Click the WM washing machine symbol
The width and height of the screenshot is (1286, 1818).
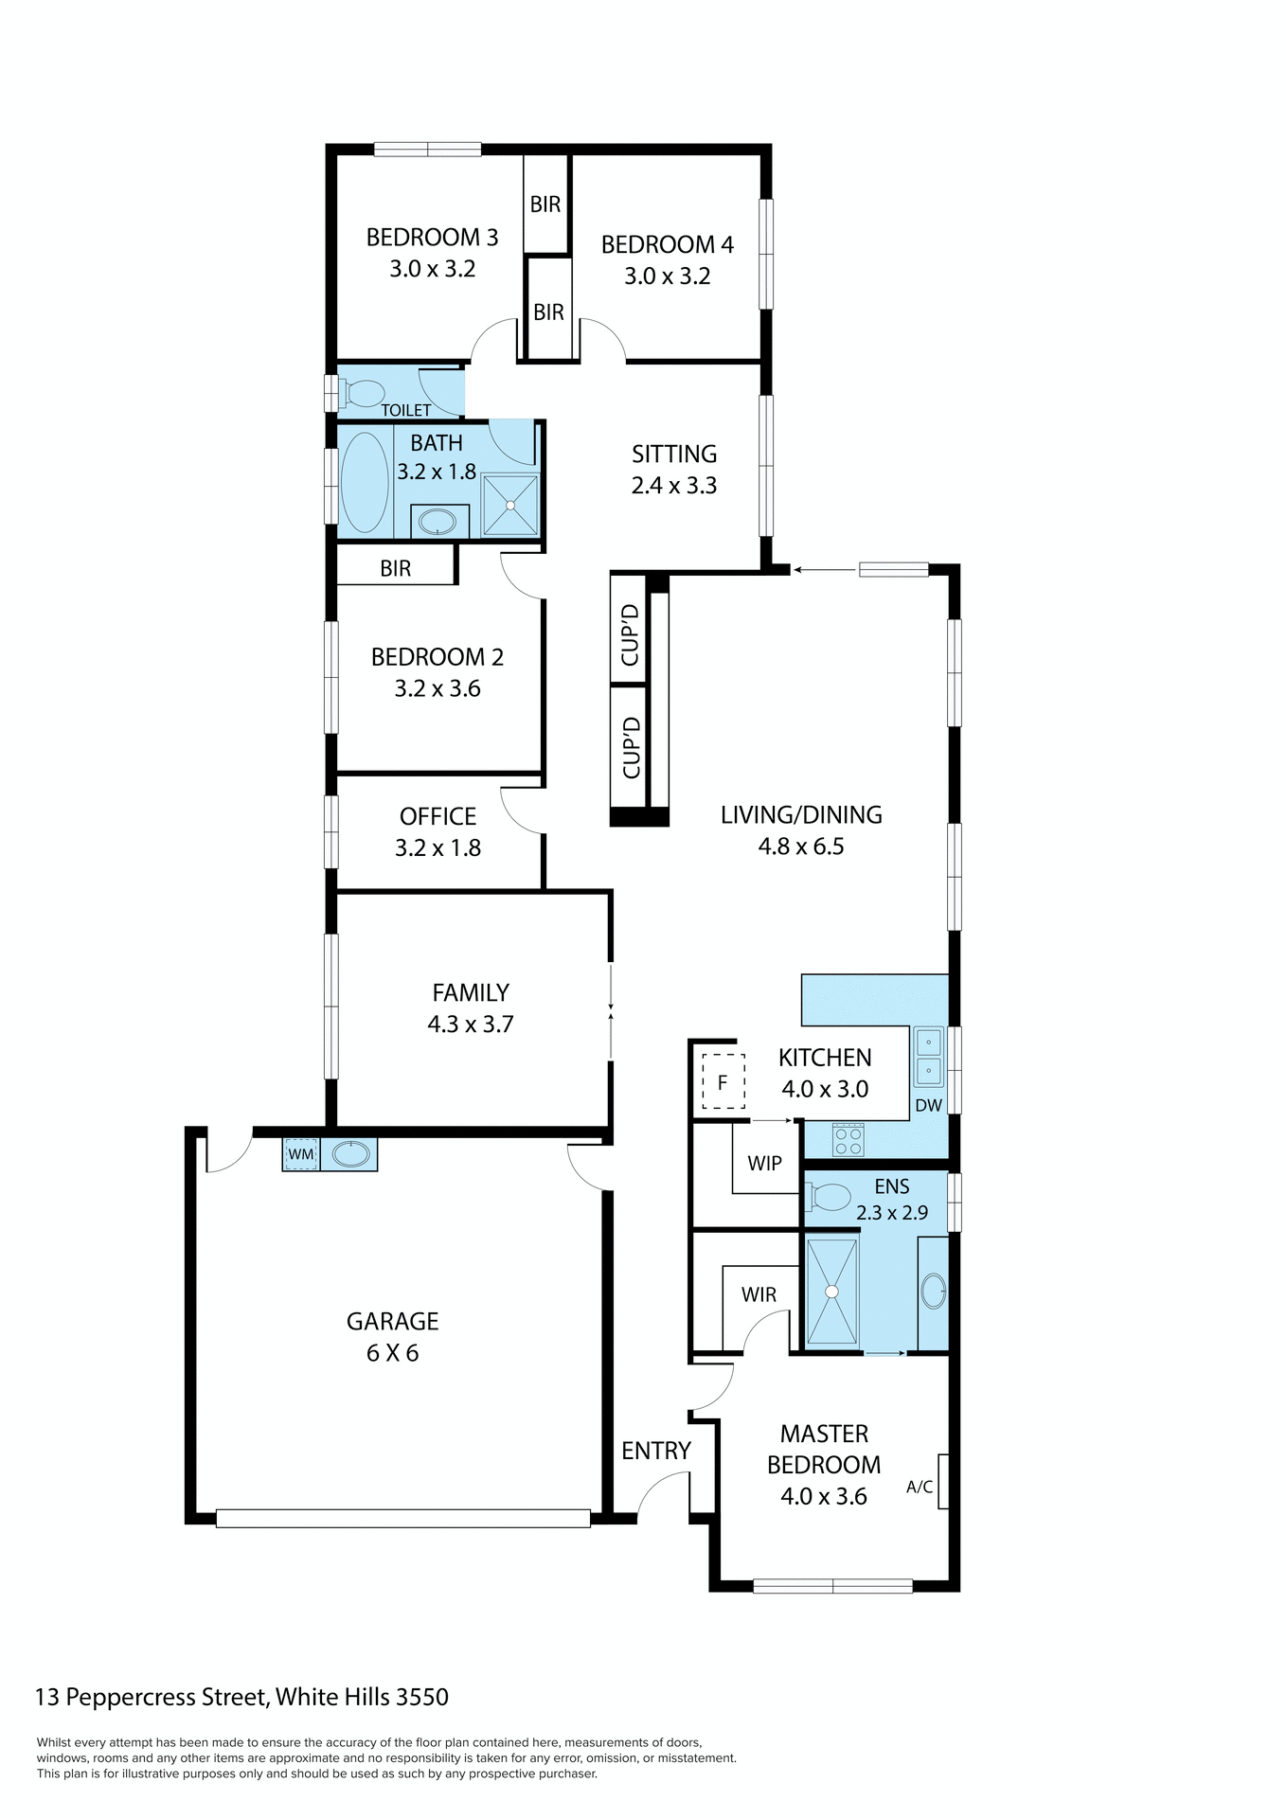pos(301,1154)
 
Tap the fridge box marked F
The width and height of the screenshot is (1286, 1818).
pos(723,1081)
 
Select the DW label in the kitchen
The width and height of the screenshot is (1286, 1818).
pos(928,1105)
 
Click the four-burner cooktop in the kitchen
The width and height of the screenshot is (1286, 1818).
pos(848,1139)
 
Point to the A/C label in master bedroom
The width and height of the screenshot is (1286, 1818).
pos(919,1487)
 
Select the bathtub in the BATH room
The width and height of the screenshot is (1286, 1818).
pos(365,481)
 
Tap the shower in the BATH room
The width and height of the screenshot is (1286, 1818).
pos(510,506)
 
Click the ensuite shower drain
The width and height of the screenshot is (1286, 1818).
pos(831,1291)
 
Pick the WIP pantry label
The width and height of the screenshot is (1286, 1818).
pos(764,1163)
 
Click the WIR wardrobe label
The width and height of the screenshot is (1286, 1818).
pos(759,1294)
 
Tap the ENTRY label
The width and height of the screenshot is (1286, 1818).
pos(655,1451)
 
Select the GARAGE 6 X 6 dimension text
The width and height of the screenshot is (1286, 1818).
pos(392,1353)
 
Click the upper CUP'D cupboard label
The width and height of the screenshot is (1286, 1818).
pos(630,634)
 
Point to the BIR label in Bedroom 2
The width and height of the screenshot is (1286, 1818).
pos(395,568)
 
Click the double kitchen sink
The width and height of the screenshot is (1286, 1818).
pos(928,1057)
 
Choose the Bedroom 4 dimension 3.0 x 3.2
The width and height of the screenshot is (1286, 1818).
pos(667,276)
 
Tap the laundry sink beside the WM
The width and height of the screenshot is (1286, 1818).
pos(350,1154)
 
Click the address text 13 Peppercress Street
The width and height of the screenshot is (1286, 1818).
pos(241,1697)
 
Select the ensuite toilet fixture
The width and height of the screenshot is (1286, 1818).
pos(830,1197)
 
